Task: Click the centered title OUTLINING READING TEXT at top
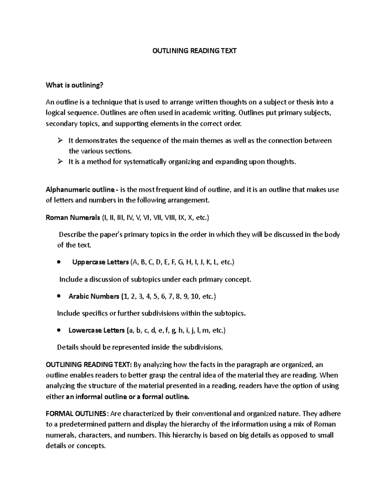tap(194, 51)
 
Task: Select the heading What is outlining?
tap(74, 85)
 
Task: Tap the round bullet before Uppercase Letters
tap(59, 262)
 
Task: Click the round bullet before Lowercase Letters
tap(59, 330)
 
